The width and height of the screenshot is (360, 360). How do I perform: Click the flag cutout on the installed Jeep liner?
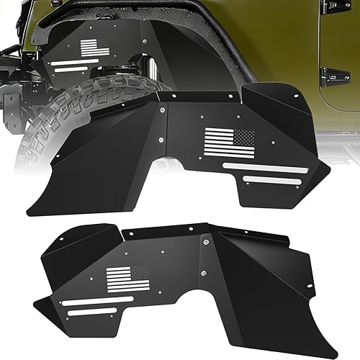[x=94, y=48]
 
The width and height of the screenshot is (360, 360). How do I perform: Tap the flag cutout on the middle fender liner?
[x=230, y=143]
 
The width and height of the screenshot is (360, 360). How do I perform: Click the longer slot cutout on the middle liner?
[x=264, y=167]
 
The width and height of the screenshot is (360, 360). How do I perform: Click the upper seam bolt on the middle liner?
[x=163, y=110]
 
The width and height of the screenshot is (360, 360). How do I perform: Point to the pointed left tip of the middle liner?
[x=28, y=214]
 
